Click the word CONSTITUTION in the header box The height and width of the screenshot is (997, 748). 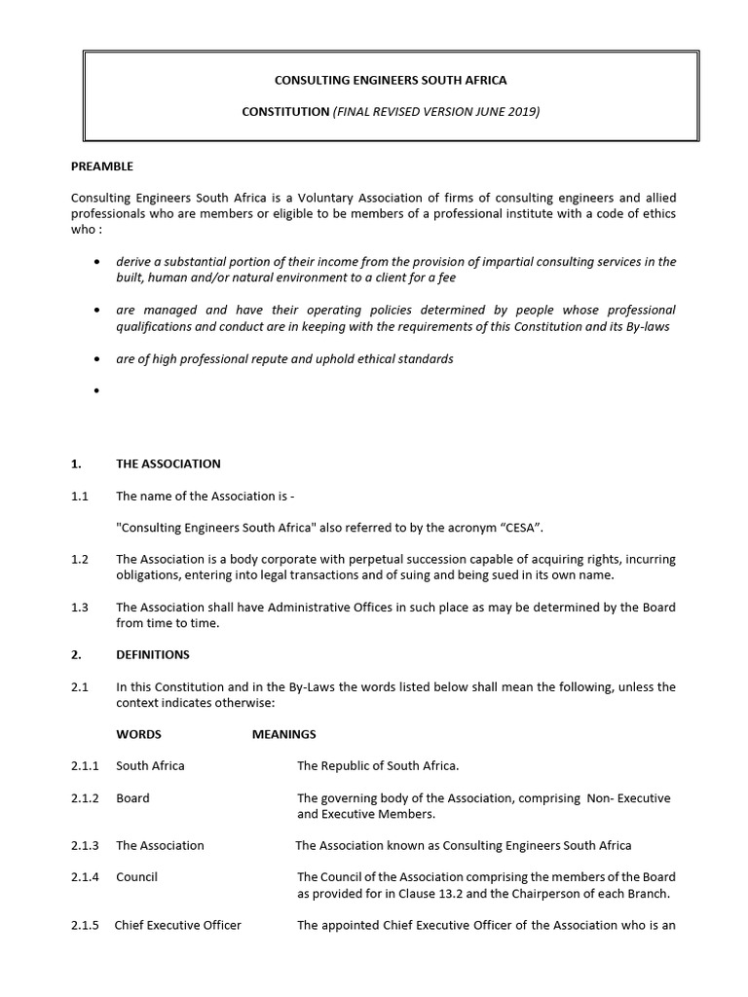tap(285, 112)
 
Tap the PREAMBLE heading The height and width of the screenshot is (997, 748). tap(102, 166)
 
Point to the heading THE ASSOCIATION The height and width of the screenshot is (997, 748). tap(168, 463)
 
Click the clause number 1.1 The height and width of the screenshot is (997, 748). tap(80, 496)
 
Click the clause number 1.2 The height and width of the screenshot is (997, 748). tap(80, 560)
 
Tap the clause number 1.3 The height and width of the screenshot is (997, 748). tap(80, 608)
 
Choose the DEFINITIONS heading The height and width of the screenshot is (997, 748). tap(153, 654)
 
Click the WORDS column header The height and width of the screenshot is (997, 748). tap(138, 734)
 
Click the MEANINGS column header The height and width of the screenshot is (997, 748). tap(283, 734)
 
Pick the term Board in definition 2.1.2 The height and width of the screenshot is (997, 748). tap(132, 798)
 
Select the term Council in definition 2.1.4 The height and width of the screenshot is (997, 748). tap(136, 877)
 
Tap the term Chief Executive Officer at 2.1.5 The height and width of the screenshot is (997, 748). tap(178, 925)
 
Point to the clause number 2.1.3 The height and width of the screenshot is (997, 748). tap(86, 846)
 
